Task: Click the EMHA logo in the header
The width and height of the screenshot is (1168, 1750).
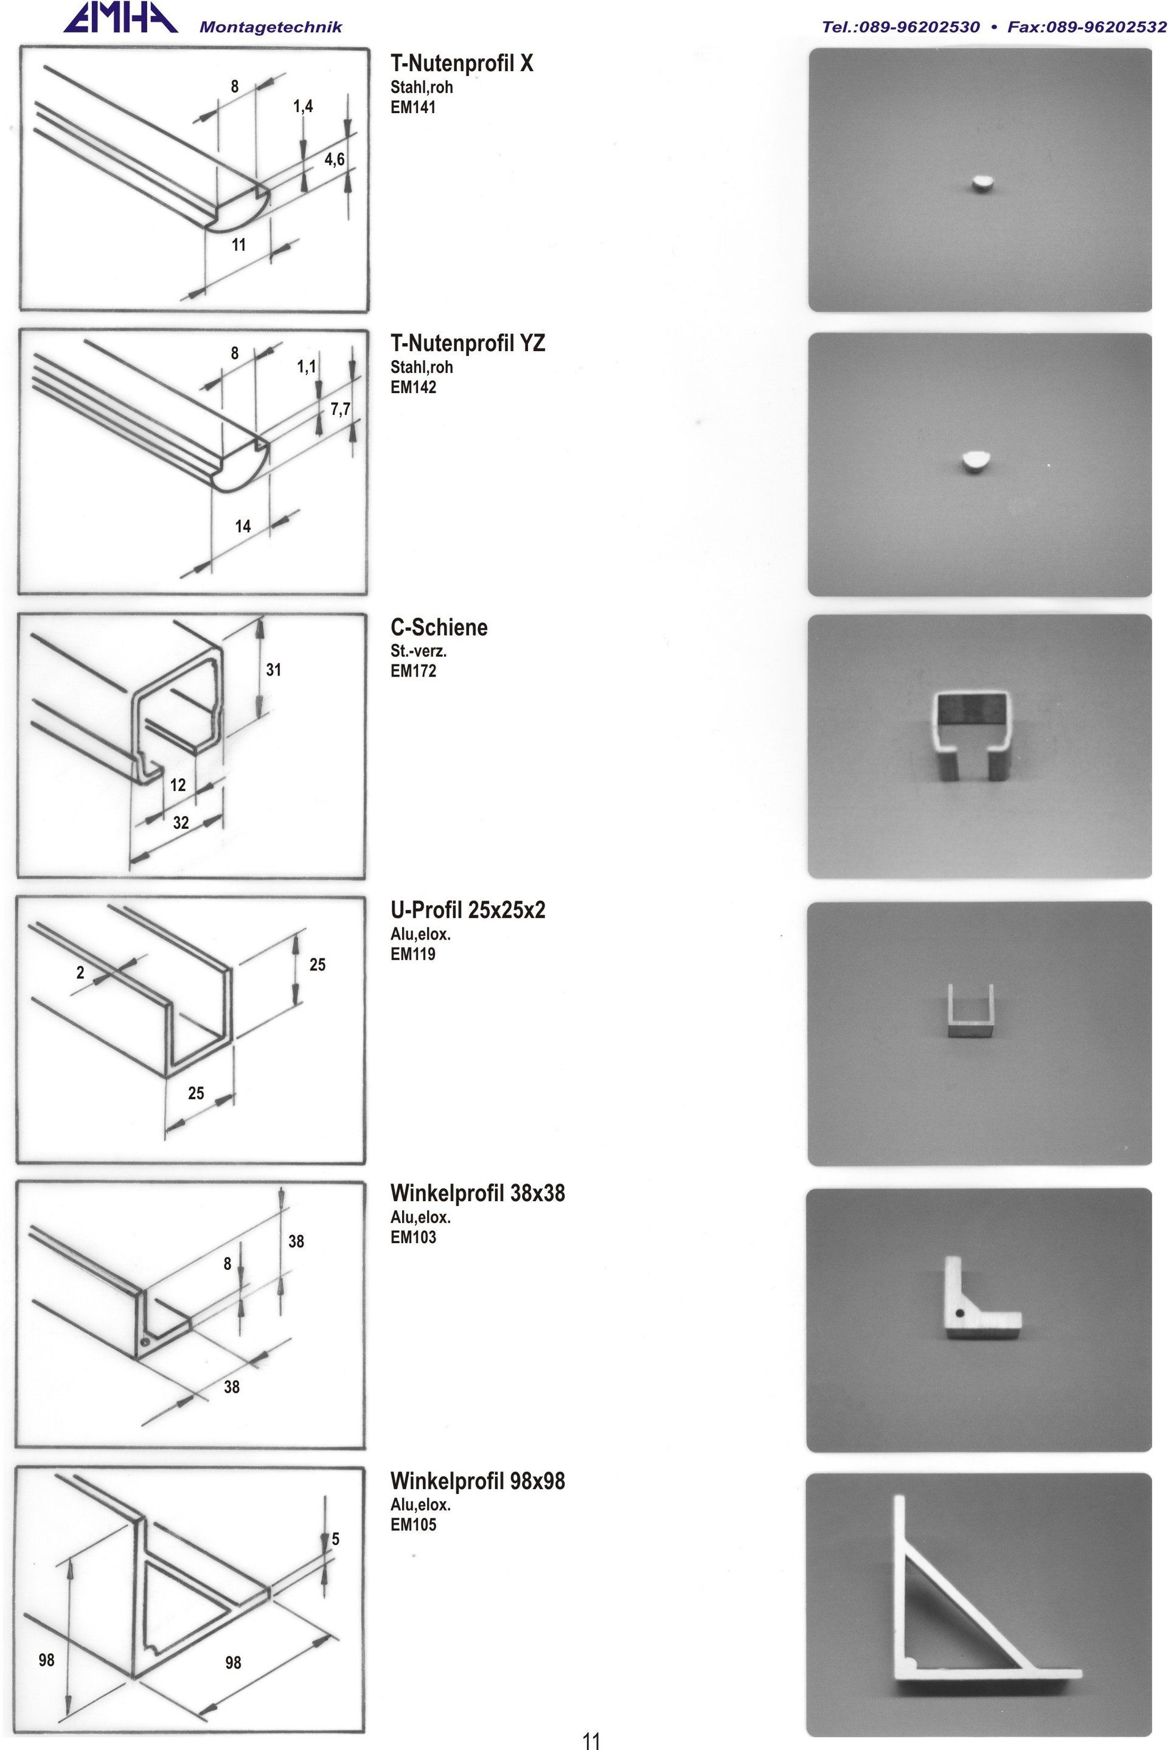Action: (x=119, y=19)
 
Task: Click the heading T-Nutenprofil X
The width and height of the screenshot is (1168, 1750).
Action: (x=462, y=63)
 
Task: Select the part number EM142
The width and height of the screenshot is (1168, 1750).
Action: (x=412, y=388)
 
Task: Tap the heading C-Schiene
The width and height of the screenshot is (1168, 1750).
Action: (x=439, y=627)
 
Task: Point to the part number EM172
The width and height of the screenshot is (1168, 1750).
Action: (x=412, y=671)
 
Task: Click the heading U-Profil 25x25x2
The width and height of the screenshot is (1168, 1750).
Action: (x=468, y=910)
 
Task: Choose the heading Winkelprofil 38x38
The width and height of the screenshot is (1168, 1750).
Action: (x=478, y=1193)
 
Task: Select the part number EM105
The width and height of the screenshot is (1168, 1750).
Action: (x=412, y=1524)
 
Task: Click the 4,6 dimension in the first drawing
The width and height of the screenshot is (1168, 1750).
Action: (x=335, y=159)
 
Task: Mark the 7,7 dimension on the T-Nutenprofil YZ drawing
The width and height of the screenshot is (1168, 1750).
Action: (x=341, y=409)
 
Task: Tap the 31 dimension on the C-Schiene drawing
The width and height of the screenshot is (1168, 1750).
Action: (x=273, y=670)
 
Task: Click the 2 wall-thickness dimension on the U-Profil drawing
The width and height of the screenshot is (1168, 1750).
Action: (x=80, y=972)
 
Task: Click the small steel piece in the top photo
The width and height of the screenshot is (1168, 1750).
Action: (x=982, y=183)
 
